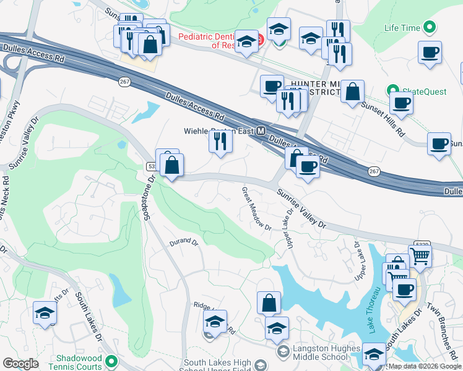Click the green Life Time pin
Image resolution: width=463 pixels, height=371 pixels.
[x=428, y=28]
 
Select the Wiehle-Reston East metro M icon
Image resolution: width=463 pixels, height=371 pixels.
[x=261, y=131]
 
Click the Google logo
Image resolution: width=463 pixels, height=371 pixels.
[x=21, y=364]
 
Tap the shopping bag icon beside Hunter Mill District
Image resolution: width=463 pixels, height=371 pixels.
[x=352, y=92]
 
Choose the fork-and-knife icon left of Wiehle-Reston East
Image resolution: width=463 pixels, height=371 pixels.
[x=220, y=141]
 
